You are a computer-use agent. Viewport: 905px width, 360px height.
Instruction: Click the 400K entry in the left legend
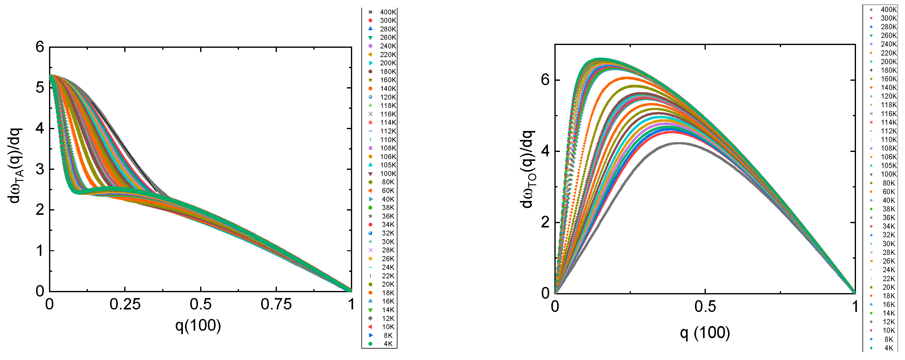tap(388, 12)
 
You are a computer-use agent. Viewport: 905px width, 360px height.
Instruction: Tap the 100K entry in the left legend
tap(388, 174)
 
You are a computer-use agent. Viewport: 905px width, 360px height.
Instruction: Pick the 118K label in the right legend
tap(888, 105)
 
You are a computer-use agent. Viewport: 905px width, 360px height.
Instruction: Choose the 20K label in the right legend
tap(888, 287)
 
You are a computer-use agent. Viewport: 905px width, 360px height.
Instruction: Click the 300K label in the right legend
tap(888, 18)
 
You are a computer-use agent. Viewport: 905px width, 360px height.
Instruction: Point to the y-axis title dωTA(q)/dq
tap(15, 166)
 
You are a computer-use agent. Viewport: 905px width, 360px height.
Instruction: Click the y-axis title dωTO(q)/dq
tap(527, 169)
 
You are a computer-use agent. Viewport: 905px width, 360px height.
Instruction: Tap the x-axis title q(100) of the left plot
tap(198, 325)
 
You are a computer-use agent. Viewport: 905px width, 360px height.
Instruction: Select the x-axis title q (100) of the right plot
tap(705, 333)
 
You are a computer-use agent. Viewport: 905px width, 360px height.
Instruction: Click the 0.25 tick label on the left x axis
tap(125, 305)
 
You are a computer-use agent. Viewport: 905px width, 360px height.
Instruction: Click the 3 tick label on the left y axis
tap(40, 169)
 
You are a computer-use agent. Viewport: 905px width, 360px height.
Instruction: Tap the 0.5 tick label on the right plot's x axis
tap(705, 307)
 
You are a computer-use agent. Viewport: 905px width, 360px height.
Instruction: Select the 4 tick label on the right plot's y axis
tap(545, 151)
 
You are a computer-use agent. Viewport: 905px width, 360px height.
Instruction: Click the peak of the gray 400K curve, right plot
tap(679, 143)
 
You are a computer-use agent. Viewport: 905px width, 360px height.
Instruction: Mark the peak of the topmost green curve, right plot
tap(600, 59)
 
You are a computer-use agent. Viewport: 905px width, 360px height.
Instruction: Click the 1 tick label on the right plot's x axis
tap(855, 307)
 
